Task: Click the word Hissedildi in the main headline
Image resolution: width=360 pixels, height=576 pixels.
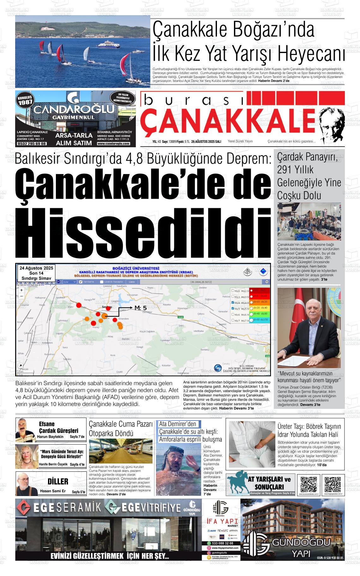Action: [143, 233]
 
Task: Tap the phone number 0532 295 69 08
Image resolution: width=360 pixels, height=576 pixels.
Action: [32, 143]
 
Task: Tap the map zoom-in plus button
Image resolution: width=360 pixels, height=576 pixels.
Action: [21, 290]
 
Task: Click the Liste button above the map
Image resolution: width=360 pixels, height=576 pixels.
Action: [132, 282]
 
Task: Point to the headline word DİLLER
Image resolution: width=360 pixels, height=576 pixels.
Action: [58, 482]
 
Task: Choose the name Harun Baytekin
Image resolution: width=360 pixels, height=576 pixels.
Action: [50, 437]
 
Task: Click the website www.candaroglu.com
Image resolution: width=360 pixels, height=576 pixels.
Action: [113, 143]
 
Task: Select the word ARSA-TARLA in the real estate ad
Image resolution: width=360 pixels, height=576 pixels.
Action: [73, 136]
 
